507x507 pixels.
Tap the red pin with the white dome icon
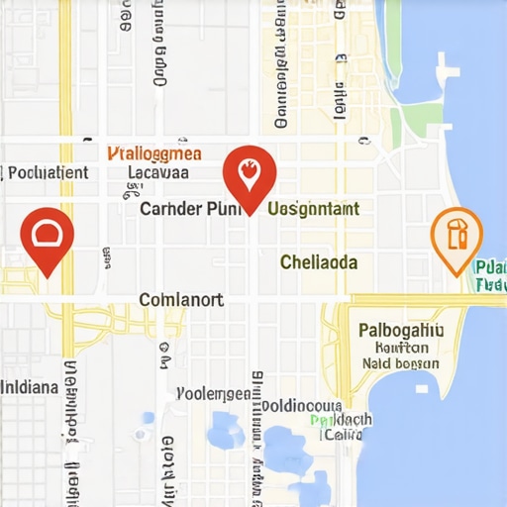click(47, 236)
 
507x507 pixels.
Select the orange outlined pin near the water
click(456, 236)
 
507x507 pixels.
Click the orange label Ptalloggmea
click(153, 153)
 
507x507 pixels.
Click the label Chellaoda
click(319, 262)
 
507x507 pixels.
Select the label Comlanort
click(181, 299)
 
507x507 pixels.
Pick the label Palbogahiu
click(401, 330)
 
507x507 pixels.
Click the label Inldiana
click(29, 386)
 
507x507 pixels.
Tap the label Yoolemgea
click(213, 393)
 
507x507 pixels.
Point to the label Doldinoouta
click(302, 405)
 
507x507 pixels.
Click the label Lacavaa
click(158, 171)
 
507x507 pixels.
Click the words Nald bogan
click(400, 363)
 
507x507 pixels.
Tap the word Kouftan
click(402, 348)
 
